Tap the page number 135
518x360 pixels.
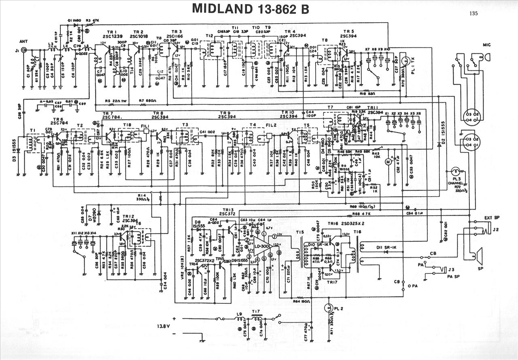coord(474,13)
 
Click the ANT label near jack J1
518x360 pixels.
coord(23,41)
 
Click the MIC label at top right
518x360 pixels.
coord(487,44)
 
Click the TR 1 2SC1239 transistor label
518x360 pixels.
coord(110,34)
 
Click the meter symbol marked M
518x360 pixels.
coord(387,162)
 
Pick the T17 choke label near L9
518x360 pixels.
coord(256,311)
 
